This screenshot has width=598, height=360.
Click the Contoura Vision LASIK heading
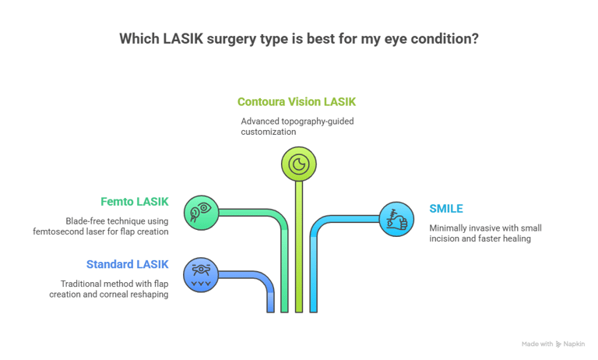(x=297, y=102)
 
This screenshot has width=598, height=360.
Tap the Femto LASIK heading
(x=135, y=202)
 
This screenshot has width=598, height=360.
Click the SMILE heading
(x=446, y=209)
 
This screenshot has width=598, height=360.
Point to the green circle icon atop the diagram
(x=298, y=164)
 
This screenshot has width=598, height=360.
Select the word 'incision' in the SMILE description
(x=446, y=239)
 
